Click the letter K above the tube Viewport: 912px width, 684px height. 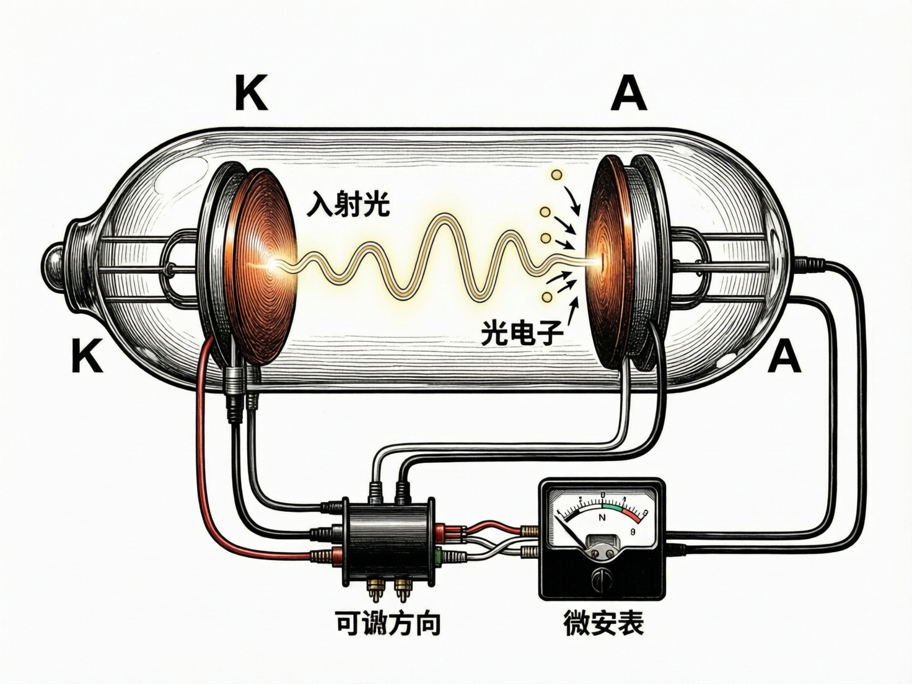click(252, 95)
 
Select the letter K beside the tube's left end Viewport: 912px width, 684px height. click(87, 356)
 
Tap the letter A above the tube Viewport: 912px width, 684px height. click(628, 95)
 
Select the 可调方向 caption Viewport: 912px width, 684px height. click(388, 622)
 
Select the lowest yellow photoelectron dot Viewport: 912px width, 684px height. click(547, 297)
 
